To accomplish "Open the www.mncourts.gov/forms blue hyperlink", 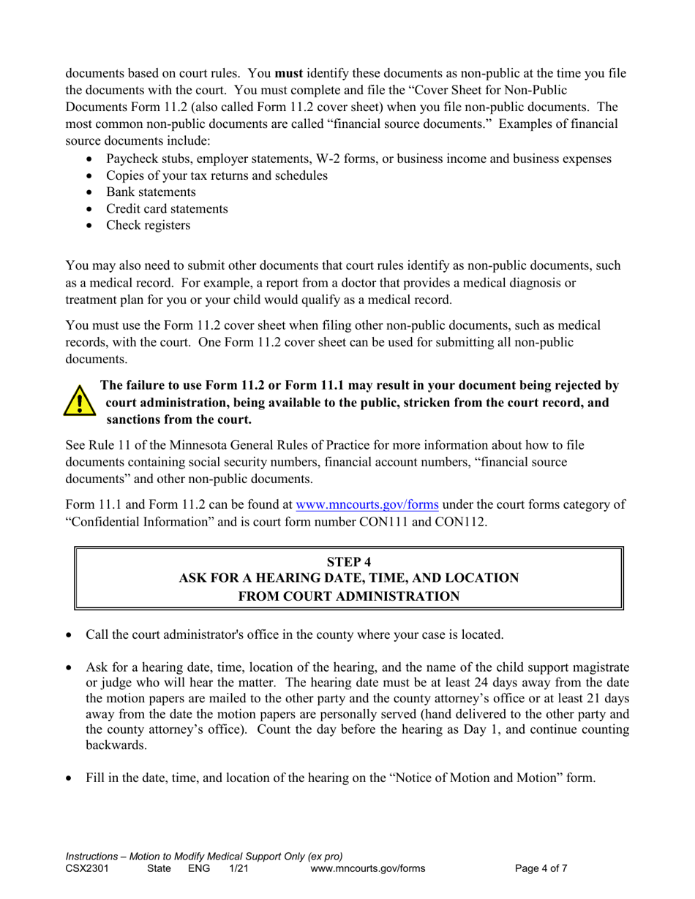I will pyautogui.click(x=367, y=504).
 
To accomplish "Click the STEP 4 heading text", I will pyautogui.click(x=348, y=561).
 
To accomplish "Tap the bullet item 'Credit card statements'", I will pyautogui.click(x=167, y=209).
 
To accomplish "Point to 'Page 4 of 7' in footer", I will pyautogui.click(x=541, y=869).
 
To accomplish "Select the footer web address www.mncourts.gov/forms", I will pyautogui.click(x=367, y=869).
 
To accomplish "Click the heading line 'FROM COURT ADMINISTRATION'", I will pyautogui.click(x=348, y=596).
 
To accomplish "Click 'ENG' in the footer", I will pyautogui.click(x=199, y=869).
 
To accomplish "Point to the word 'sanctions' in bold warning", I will pyautogui.click(x=135, y=420).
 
